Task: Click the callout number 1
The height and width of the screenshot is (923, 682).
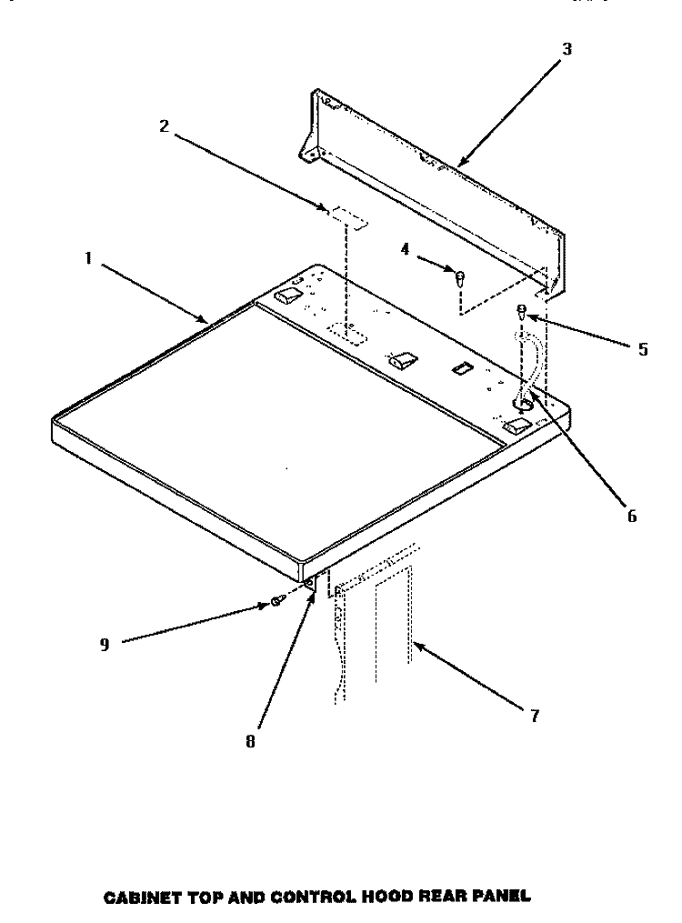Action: tap(88, 258)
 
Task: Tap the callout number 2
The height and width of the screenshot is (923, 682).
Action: tap(165, 125)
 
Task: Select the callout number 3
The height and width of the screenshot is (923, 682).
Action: tap(567, 49)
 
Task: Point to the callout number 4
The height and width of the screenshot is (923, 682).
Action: tap(405, 249)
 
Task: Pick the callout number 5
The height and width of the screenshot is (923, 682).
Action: tap(643, 349)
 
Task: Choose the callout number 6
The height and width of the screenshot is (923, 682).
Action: tap(632, 517)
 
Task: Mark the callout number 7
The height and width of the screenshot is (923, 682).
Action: tap(534, 717)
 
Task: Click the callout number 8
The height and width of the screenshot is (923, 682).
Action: tap(251, 742)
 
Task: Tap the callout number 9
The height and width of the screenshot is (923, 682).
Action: tap(105, 645)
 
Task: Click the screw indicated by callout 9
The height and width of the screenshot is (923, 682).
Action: tap(277, 601)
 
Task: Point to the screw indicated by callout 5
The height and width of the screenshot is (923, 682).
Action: tap(521, 311)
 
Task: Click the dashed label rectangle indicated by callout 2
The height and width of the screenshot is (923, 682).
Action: tap(348, 216)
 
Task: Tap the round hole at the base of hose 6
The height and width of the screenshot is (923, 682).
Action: tap(523, 404)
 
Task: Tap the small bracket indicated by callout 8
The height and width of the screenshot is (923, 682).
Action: tap(311, 585)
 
